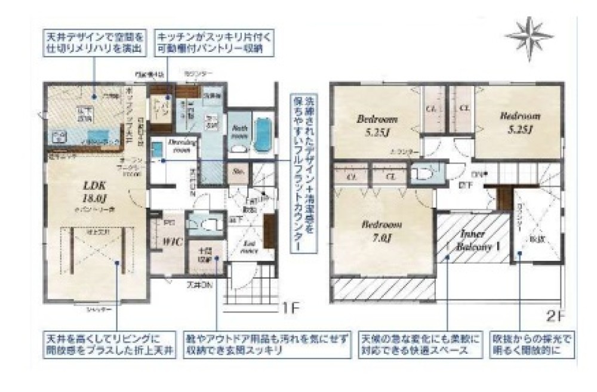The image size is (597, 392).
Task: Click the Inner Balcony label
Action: tap(475, 239)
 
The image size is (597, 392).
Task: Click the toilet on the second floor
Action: tap(423, 173)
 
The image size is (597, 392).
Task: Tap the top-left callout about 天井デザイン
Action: tap(94, 41)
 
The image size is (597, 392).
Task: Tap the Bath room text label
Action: tap(239, 130)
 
